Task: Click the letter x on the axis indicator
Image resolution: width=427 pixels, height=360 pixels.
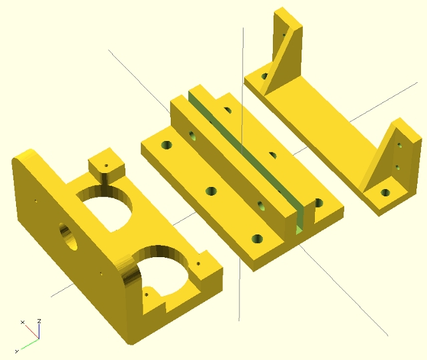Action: [x=23, y=323]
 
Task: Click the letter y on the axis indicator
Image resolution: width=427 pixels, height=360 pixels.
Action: [x=17, y=351]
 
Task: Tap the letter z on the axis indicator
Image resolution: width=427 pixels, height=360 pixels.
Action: [x=39, y=321]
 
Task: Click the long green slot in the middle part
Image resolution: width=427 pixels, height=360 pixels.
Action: [x=245, y=161]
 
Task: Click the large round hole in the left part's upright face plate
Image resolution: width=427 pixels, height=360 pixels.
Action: [x=68, y=236]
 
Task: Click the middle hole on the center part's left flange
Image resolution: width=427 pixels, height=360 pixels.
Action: [x=211, y=191]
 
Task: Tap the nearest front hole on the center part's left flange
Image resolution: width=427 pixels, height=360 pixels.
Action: [x=257, y=239]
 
